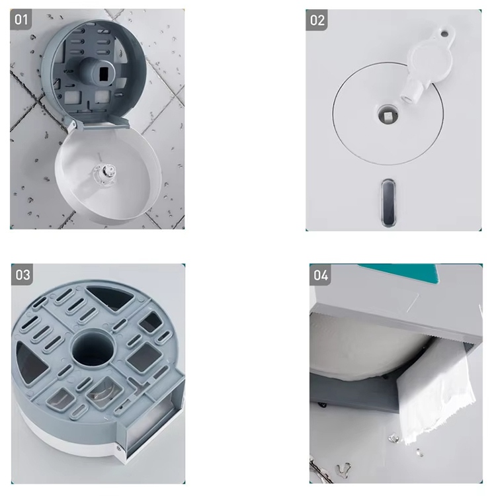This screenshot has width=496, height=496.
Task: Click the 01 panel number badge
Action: pos(21,20)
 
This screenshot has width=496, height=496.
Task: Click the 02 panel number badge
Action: pos(317,20)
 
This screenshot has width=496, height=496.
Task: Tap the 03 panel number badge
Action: pos(22,274)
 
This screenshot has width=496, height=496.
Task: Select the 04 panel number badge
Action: pos(321,275)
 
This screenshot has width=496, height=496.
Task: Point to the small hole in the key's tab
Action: pos(445,34)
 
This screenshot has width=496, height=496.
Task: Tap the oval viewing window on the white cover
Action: pos(388,203)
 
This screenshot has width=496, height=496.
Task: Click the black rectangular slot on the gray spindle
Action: pos(103,74)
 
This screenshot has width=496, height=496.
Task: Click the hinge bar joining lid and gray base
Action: pos(101,124)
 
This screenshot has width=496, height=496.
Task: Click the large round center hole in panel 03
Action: pos(93,349)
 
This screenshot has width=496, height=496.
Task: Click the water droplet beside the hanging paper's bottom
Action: pos(393,438)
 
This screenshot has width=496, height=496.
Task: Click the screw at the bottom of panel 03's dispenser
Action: pos(119,448)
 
